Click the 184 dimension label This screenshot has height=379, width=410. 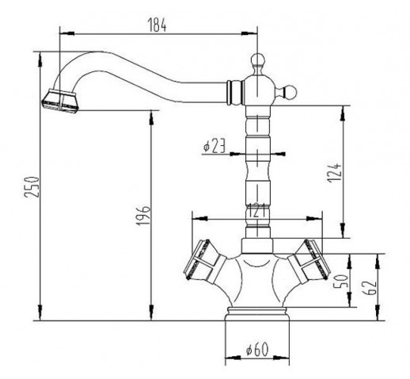click(x=158, y=25)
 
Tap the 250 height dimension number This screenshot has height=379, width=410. click(x=32, y=187)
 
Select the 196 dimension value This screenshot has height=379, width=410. click(x=143, y=216)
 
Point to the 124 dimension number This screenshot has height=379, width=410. click(x=334, y=173)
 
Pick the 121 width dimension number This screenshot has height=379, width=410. click(x=256, y=210)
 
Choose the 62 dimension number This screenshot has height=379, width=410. click(x=370, y=287)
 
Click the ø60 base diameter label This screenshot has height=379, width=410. click(x=257, y=349)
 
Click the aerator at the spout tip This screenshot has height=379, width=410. click(x=60, y=101)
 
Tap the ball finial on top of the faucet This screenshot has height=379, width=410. click(x=257, y=60)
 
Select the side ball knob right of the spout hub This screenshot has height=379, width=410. click(x=290, y=92)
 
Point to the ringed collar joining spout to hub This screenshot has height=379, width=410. click(x=234, y=93)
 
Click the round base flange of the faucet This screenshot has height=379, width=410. click(x=257, y=314)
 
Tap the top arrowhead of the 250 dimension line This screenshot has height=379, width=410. click(x=40, y=59)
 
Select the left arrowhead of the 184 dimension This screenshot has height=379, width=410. click(x=67, y=33)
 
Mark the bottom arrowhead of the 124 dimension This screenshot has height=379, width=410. click(x=343, y=230)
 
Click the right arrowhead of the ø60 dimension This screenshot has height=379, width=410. click(x=282, y=358)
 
